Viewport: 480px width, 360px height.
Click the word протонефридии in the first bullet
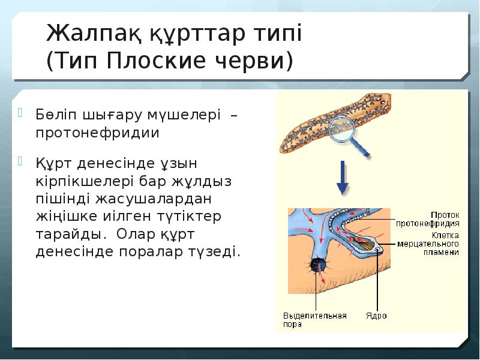[97, 133]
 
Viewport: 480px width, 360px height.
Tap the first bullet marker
[20, 112]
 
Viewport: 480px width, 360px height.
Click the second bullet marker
[20, 161]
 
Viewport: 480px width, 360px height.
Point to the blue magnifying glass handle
[365, 145]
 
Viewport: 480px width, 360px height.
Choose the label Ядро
[376, 316]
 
